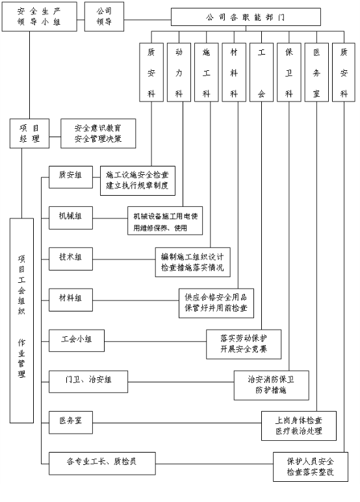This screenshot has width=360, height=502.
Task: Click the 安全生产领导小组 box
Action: (x=40, y=17)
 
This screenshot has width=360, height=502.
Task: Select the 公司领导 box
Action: (x=104, y=17)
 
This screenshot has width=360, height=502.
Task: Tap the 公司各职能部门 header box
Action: (x=246, y=17)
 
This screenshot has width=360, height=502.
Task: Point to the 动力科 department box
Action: (x=179, y=72)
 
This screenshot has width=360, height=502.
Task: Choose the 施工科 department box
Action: (x=207, y=72)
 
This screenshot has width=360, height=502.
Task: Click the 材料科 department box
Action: (x=234, y=72)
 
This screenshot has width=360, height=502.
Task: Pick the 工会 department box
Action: (x=261, y=72)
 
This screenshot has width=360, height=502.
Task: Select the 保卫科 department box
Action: (x=289, y=72)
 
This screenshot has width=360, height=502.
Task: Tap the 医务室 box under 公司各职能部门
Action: (x=316, y=72)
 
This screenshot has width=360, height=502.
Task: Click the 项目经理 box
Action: (x=29, y=133)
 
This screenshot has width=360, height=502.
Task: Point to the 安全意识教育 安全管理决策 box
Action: (x=98, y=133)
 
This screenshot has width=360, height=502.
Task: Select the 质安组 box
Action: (x=71, y=177)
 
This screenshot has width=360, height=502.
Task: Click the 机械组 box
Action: (x=71, y=218)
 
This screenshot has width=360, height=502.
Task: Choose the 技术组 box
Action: (x=71, y=259)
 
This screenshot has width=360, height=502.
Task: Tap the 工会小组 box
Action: (x=77, y=341)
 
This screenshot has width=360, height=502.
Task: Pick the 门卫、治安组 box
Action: (x=88, y=382)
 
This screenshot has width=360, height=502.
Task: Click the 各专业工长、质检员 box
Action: (x=102, y=464)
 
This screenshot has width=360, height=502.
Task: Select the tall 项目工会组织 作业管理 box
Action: (x=21, y=321)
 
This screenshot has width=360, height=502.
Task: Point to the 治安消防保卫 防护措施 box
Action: (x=272, y=386)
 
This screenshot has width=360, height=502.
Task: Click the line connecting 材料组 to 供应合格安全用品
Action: (x=136, y=300)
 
